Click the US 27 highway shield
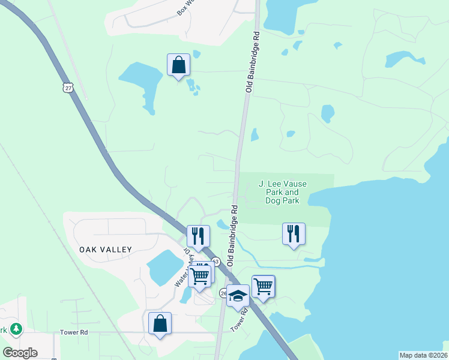[68, 88]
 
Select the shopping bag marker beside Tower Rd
[160, 323]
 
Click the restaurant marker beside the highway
[198, 236]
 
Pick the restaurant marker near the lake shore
[294, 233]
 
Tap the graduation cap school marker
[238, 296]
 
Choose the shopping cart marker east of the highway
[264, 286]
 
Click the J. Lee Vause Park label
[279, 192]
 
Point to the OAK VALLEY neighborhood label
[105, 248]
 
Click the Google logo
[20, 353]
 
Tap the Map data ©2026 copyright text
[423, 355]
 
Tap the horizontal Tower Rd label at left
[74, 332]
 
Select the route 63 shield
[215, 262]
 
